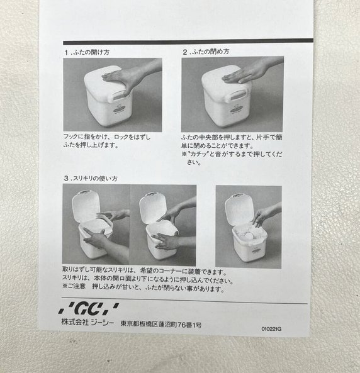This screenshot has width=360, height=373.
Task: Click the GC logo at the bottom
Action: (89, 309)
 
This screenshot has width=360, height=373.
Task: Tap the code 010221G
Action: (271, 329)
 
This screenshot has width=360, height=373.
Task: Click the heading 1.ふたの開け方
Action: (87, 52)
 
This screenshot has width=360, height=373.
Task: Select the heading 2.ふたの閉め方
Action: (206, 52)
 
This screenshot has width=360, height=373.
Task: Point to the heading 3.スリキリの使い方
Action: (91, 179)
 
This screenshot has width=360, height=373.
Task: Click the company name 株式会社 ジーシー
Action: (88, 323)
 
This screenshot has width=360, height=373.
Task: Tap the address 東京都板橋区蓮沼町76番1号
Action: (161, 324)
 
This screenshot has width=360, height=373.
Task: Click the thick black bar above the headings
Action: (188, 42)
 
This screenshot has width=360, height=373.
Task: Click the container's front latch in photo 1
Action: (118, 96)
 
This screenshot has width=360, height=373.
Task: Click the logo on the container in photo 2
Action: (238, 110)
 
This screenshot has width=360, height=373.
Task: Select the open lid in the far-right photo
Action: (239, 209)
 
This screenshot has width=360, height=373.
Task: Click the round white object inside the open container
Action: (249, 235)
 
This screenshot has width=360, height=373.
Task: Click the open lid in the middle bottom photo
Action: (152, 208)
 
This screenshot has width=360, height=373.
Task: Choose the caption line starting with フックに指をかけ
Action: (106, 137)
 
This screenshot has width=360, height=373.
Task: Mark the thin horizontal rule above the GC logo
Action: (184, 301)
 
